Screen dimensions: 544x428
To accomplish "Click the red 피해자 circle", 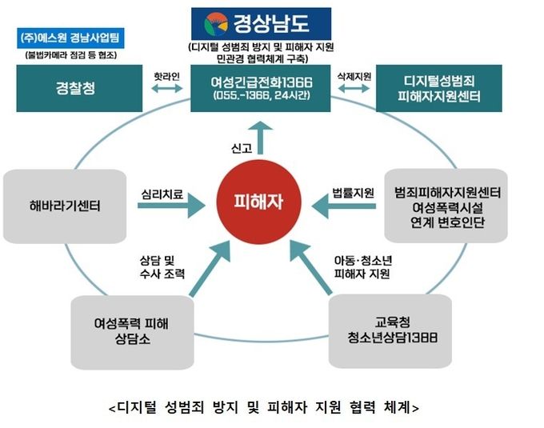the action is (x=259, y=202).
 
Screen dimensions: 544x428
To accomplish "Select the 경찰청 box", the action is (x=79, y=88).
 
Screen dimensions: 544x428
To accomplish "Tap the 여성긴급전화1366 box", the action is (x=261, y=88).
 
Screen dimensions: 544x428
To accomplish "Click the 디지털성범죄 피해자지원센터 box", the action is (x=439, y=88).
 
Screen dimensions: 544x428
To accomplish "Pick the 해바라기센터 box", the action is (x=65, y=206).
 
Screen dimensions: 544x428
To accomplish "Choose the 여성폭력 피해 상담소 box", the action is (x=132, y=332).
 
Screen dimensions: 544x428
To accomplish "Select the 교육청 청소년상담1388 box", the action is (x=390, y=331).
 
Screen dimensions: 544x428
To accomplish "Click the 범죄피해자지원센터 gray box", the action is (x=446, y=206).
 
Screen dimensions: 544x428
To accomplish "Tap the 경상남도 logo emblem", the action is (x=216, y=24).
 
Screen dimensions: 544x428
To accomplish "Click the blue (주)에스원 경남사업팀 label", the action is (x=70, y=38).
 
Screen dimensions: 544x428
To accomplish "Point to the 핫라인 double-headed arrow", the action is (x=167, y=89).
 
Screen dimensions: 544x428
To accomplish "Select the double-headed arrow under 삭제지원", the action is (x=354, y=89).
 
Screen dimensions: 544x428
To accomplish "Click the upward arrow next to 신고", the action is (x=261, y=138).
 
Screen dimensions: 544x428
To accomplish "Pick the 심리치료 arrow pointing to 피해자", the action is (x=171, y=206).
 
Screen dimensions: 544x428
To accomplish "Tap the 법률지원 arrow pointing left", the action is (x=343, y=206).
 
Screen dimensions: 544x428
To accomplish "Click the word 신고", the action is (x=242, y=149).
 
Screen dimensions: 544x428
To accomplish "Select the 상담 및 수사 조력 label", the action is (x=162, y=267).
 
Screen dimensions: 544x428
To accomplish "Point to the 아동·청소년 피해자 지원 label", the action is (x=363, y=267).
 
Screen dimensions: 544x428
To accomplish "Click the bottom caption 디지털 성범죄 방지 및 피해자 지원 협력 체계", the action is (x=264, y=407).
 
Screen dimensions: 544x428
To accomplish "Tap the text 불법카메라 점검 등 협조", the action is (x=70, y=55).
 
